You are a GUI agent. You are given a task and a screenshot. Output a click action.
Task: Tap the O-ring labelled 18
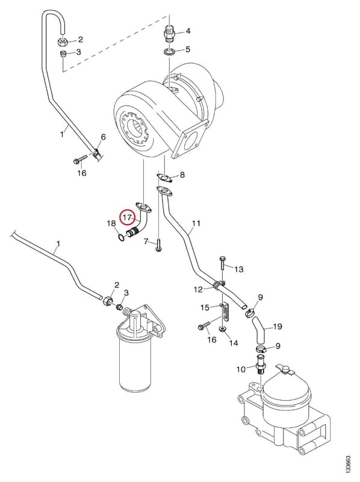122,237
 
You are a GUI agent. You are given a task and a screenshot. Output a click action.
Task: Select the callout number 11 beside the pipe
196,223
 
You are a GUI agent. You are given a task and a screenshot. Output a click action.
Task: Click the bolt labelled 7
158,246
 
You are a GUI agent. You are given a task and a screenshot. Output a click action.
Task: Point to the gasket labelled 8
164,178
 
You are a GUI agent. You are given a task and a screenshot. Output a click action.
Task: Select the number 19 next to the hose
278,326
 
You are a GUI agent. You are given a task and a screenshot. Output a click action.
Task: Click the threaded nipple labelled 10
261,365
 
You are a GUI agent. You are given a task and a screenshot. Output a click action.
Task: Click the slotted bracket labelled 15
225,313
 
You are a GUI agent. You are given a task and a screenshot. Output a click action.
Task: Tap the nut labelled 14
222,330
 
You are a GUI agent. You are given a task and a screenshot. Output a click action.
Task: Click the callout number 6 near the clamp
103,137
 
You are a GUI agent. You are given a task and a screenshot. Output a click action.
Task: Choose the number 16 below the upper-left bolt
82,173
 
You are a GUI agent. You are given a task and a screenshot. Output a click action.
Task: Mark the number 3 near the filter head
126,293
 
